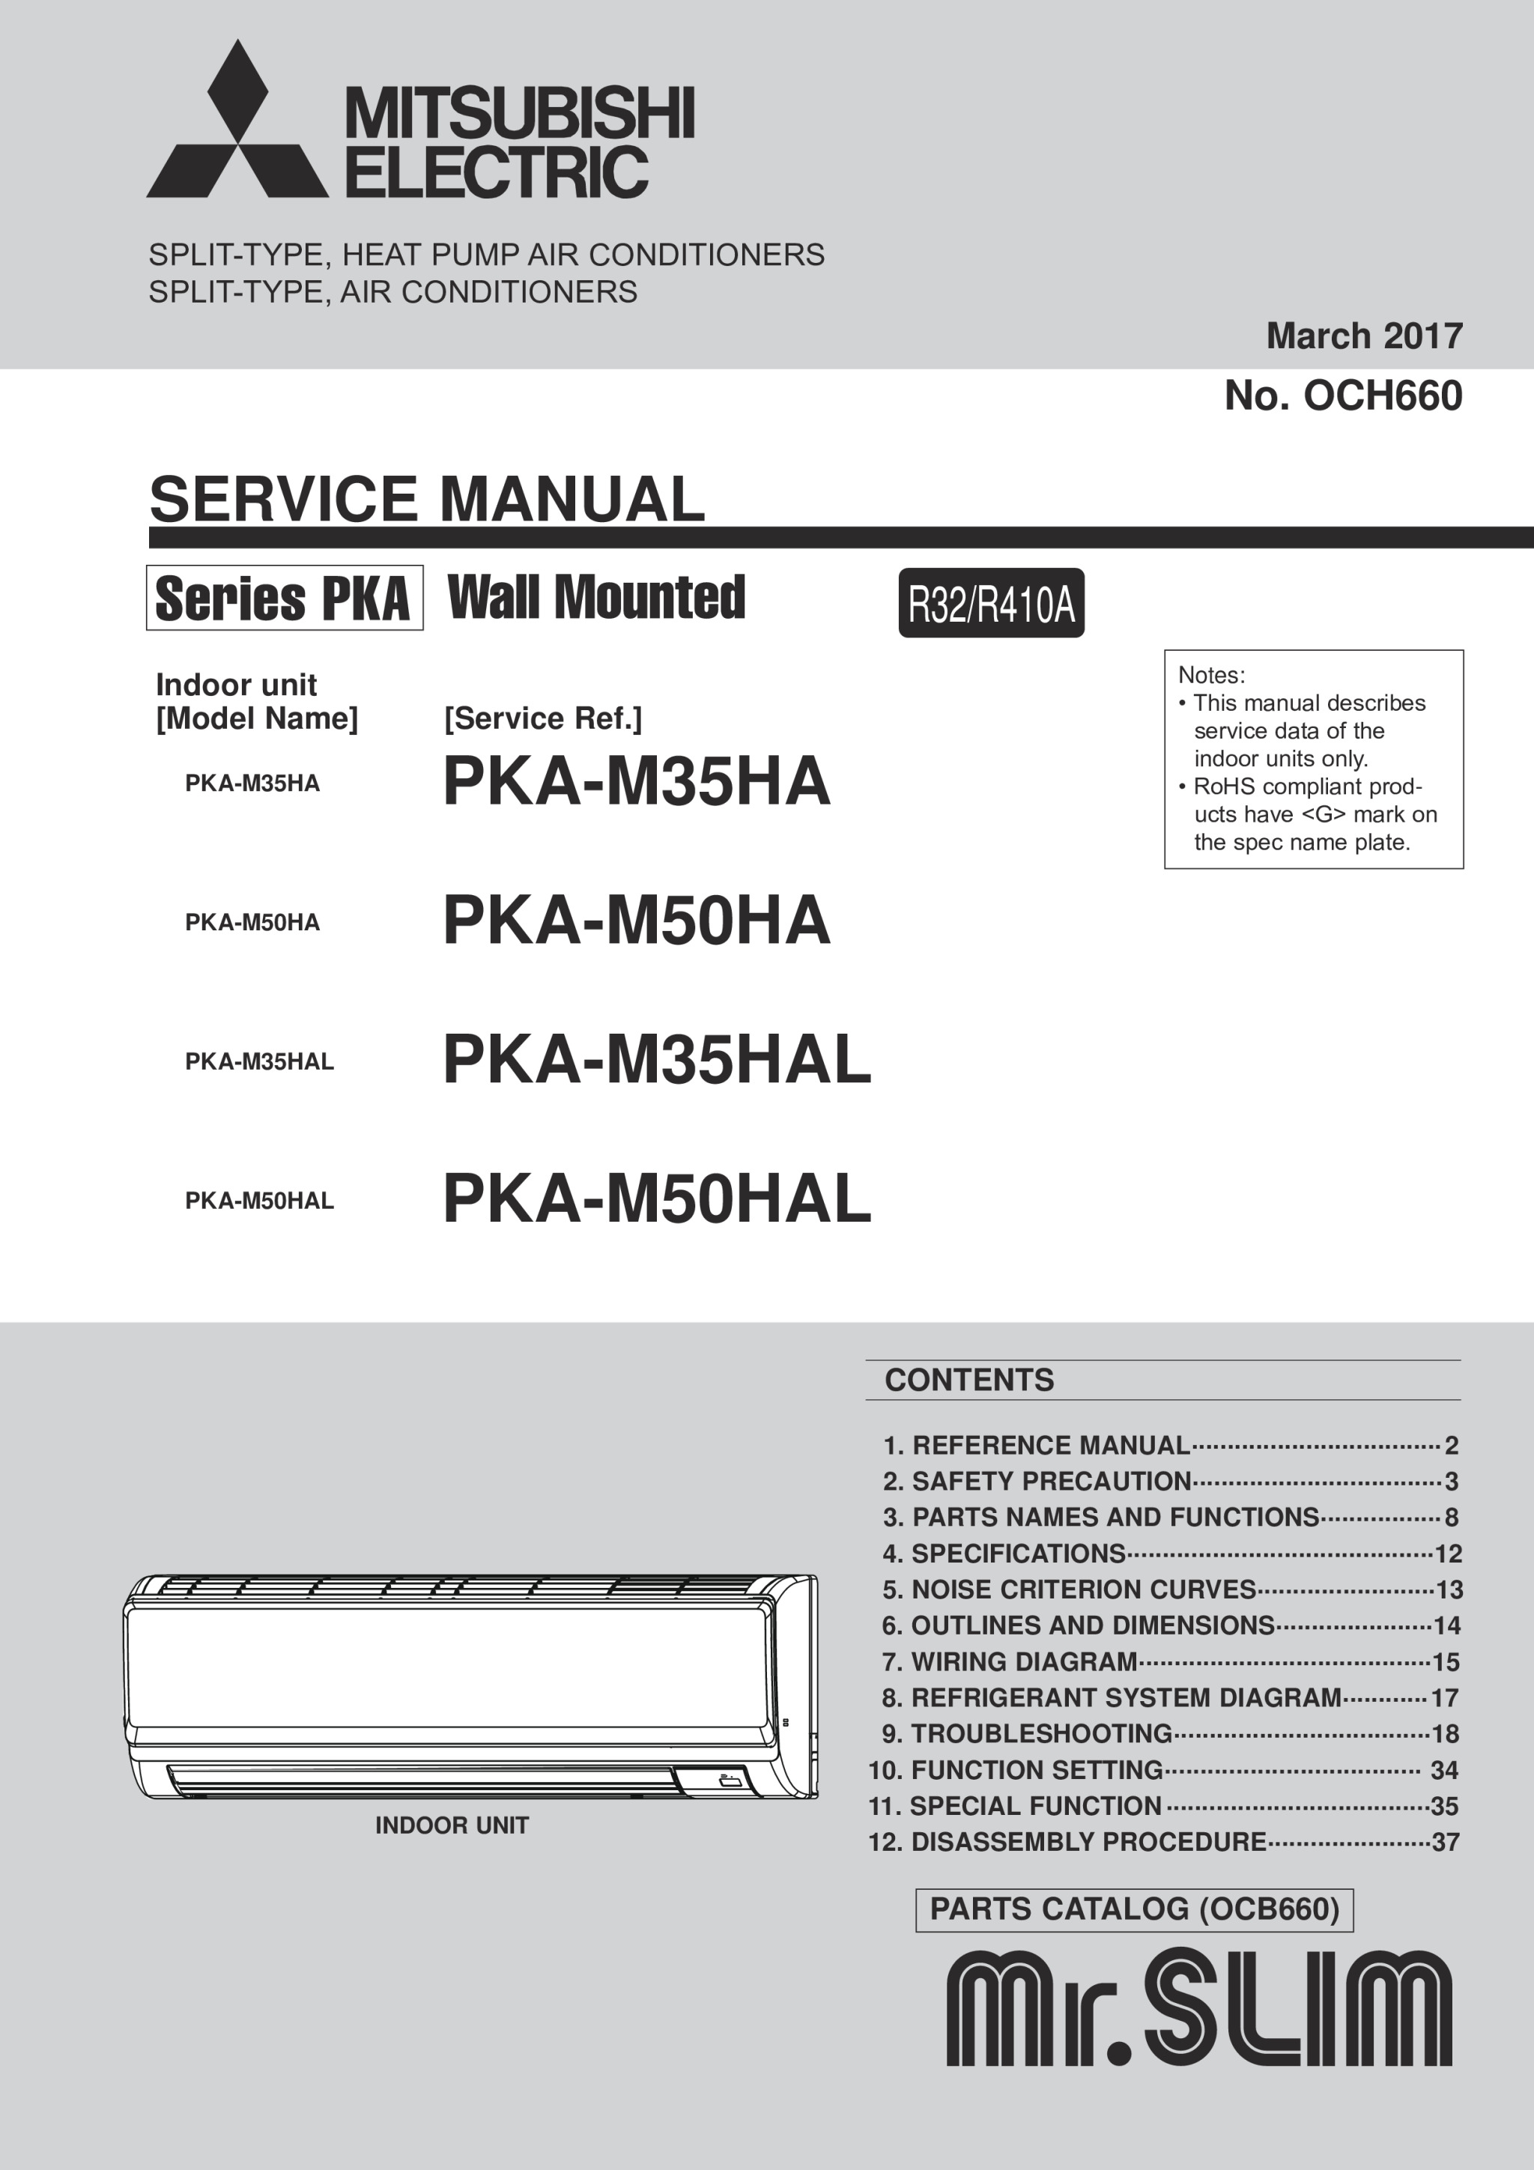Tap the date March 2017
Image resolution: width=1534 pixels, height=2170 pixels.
point(1363,336)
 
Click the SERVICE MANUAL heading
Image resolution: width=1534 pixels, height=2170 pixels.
point(427,499)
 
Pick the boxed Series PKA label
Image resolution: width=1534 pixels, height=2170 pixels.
point(284,598)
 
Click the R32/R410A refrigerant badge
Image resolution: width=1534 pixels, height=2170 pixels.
point(990,604)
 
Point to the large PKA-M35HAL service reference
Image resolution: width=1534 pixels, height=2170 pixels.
point(656,1059)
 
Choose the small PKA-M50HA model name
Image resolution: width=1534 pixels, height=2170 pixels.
point(252,922)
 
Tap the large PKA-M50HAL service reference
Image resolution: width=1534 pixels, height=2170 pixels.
point(656,1198)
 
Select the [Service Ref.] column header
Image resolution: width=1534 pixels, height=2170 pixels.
point(542,719)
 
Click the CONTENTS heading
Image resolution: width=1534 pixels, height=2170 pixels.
point(968,1380)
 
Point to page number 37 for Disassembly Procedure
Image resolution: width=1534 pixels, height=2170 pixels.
point(1445,1841)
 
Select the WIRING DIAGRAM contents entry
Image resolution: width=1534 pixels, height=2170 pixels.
point(1024,1661)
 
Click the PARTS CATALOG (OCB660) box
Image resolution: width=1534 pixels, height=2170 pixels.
point(1134,1909)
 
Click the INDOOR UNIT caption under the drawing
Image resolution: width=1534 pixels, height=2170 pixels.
point(452,1825)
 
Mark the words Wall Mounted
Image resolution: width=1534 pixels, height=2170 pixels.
point(595,597)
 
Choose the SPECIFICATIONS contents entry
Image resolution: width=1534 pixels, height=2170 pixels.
point(1018,1554)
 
